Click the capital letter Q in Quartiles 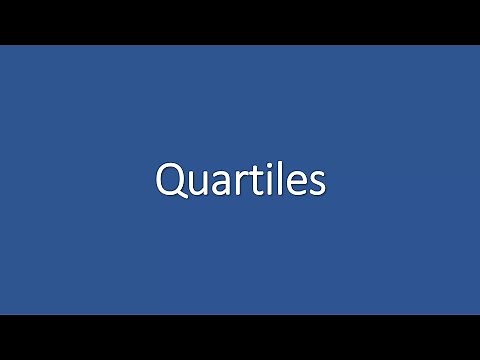pos(170,181)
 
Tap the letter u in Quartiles pos(196,185)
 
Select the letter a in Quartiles pos(219,185)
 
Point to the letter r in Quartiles pos(237,184)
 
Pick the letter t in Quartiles pos(251,182)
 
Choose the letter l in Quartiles pos(273,179)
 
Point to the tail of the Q pos(180,197)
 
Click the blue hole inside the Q pos(170,180)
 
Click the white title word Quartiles pos(240,181)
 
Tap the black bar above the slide pos(240,22)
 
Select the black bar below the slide pos(240,337)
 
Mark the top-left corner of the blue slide pos(1,46)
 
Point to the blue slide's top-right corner pos(478,46)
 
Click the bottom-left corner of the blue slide pos(1,313)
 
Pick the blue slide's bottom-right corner pos(478,313)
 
